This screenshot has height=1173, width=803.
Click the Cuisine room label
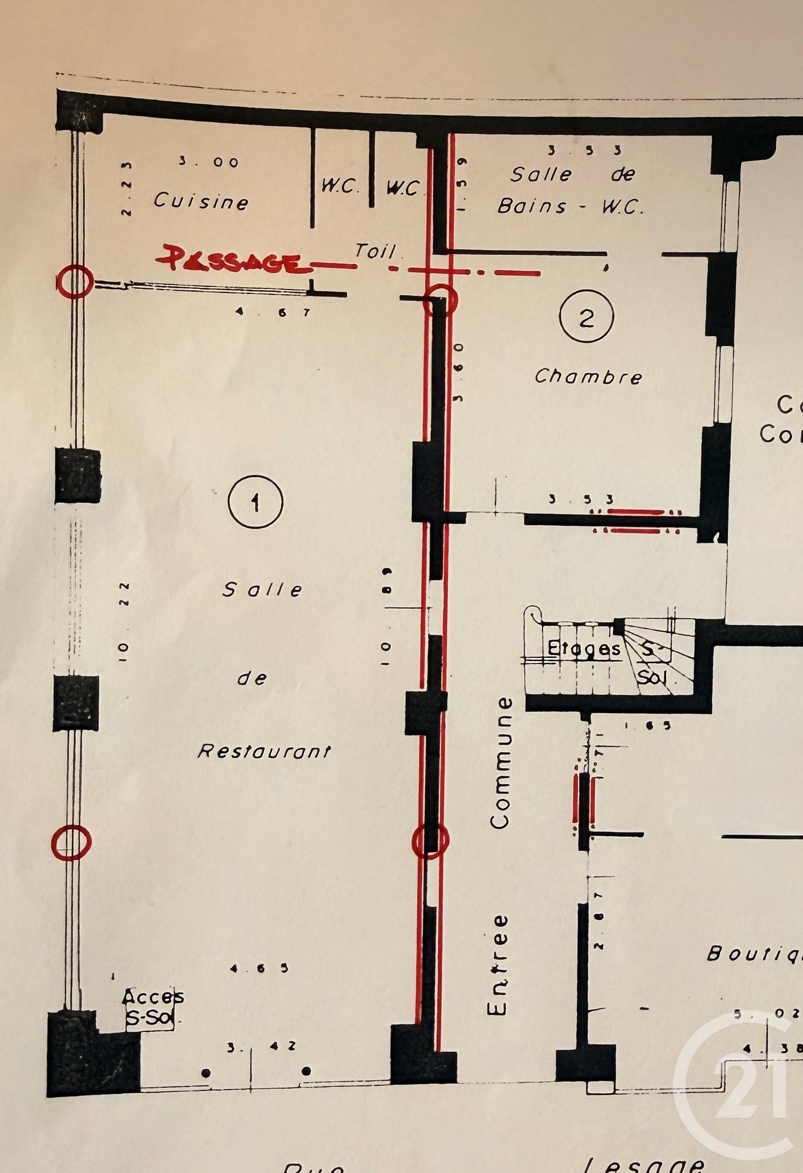pyautogui.click(x=201, y=201)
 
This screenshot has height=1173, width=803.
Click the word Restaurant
pyautogui.click(x=264, y=752)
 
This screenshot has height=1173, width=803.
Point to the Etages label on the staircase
pyautogui.click(x=584, y=649)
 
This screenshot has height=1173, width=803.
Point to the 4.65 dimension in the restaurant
pyautogui.click(x=259, y=968)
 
